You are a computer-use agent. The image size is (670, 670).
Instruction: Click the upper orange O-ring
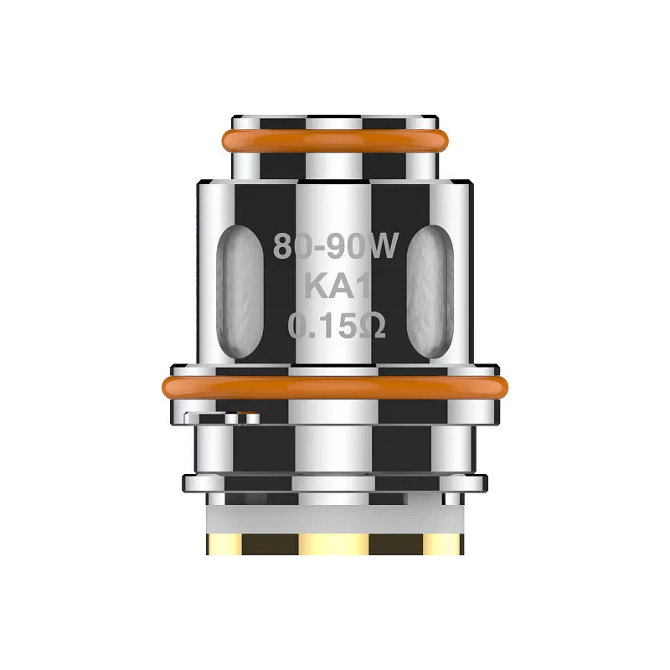point(335,140)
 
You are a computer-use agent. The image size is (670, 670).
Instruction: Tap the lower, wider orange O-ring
point(335,387)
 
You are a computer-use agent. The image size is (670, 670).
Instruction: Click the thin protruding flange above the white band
point(335,482)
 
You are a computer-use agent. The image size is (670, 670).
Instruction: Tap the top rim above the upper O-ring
point(335,121)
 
